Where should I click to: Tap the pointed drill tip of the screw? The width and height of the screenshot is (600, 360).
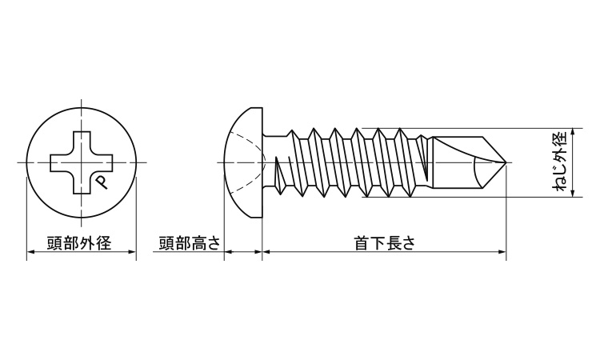click(x=504, y=163)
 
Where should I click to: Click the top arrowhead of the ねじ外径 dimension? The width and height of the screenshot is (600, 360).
click(x=576, y=132)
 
